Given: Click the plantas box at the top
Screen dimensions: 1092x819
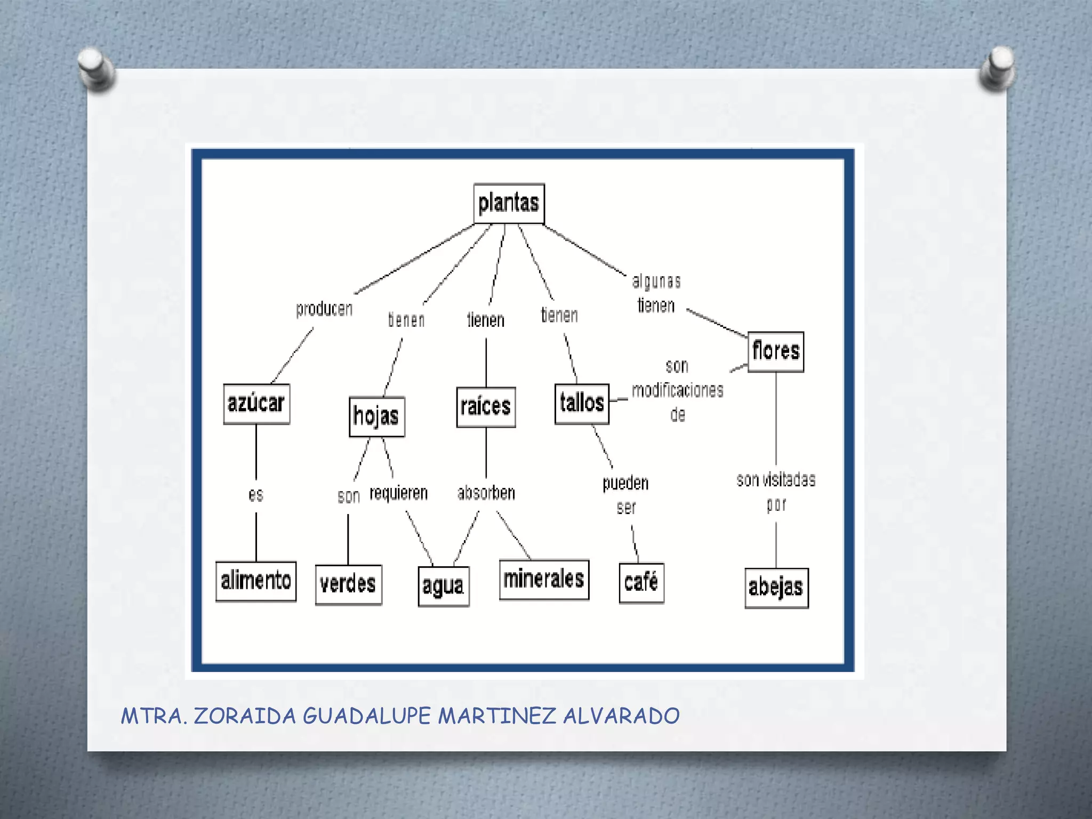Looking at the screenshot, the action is tap(509, 204).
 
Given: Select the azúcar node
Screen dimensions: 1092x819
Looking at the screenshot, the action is tap(256, 404).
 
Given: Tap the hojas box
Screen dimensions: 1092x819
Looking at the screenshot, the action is tap(376, 416).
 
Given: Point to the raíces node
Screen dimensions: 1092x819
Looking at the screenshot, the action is tap(486, 407).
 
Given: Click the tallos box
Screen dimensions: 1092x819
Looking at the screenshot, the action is tap(582, 404).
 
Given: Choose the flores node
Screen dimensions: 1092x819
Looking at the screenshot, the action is tap(776, 352).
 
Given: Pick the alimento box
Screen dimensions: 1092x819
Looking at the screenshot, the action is tap(256, 581).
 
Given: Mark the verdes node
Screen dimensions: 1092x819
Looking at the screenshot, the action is tap(348, 585).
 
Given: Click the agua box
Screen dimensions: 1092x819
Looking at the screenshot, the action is tap(444, 587).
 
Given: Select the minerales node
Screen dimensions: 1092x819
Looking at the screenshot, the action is tap(544, 580).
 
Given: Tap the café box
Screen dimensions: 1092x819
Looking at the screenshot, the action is tap(641, 583).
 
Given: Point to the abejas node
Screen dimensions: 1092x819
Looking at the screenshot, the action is tap(776, 588).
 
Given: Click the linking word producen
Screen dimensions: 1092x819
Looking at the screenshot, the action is tap(324, 309).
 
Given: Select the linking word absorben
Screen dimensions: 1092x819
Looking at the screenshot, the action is tap(486, 493).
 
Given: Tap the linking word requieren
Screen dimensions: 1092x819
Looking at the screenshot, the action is tap(399, 493).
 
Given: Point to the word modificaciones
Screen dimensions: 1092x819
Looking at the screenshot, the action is tap(678, 391).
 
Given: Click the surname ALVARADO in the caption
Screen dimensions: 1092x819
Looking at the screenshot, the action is tap(621, 716).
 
